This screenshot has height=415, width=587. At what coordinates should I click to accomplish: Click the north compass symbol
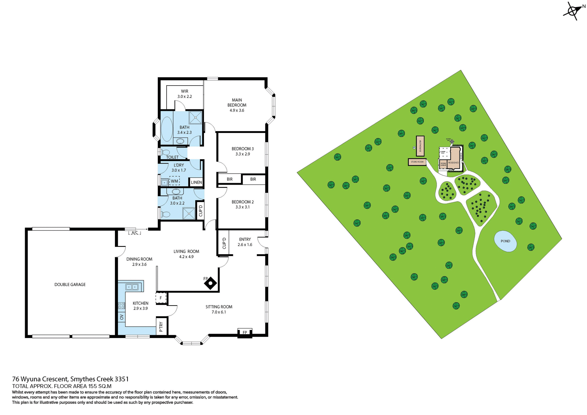[x=572, y=11]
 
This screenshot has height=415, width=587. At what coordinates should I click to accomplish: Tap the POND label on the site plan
[x=505, y=241]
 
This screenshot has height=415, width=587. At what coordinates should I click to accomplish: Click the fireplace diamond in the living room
[x=211, y=284]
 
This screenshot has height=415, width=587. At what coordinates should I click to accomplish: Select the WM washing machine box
[x=174, y=181]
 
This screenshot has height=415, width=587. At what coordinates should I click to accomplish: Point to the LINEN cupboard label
[x=196, y=182]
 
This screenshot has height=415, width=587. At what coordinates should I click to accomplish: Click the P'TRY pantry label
[x=161, y=327]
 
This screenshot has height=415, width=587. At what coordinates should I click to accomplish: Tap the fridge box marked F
[x=161, y=298]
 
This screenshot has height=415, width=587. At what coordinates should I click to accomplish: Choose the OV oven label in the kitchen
[x=122, y=317]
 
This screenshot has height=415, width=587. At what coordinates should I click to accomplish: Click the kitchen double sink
[x=132, y=287]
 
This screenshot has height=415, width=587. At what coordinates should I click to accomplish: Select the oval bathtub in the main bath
[x=167, y=128]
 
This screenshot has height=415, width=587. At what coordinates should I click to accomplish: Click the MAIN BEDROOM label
[x=237, y=102]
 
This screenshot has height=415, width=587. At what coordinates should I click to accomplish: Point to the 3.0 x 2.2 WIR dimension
[x=185, y=97]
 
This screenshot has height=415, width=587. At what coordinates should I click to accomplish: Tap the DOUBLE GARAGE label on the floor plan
[x=70, y=285]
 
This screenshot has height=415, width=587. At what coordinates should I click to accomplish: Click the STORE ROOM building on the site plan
[x=417, y=162]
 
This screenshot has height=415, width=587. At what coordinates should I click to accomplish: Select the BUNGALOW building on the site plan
[x=420, y=144]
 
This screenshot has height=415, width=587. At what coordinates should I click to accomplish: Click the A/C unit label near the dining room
[x=135, y=233]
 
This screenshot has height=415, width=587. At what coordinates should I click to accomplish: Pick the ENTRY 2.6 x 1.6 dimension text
[x=245, y=245]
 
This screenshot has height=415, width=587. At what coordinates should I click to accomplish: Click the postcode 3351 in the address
[x=121, y=379]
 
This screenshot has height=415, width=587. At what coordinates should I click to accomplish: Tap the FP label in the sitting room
[x=245, y=332]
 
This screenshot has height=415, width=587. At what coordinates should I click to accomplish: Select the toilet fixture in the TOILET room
[x=165, y=152]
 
